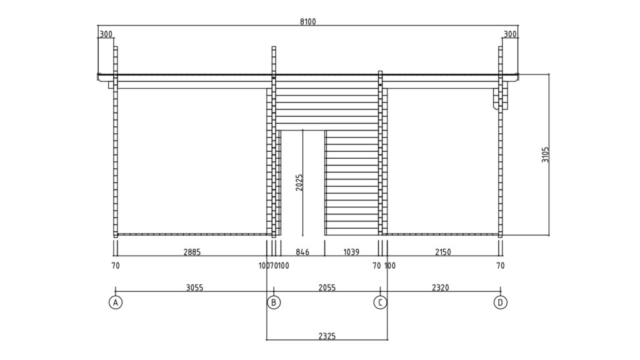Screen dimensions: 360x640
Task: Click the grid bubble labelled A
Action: pos(115,302)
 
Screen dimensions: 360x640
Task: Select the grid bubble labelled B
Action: pos(274,302)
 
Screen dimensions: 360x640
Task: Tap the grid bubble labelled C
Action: pos(380,302)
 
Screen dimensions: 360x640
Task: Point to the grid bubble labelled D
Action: pos(500,302)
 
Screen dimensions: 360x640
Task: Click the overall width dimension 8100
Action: pos(308,21)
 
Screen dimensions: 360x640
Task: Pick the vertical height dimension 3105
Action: pos(545,155)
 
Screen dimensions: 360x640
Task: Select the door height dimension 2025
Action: pos(299,182)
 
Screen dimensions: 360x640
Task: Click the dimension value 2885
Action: pos(192,252)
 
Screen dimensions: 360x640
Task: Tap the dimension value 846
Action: pos(302,252)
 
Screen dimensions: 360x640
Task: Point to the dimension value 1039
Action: pos(351,252)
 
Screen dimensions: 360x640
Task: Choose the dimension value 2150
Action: pos(442,252)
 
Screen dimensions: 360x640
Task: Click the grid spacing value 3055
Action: pos(194,287)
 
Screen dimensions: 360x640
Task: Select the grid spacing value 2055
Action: pos(327,287)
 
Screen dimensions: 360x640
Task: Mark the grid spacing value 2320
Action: pos(440,287)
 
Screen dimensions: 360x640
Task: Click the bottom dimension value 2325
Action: pos(327,336)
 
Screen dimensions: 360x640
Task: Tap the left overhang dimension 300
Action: pos(106,34)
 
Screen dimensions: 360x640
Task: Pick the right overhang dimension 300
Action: pos(510,34)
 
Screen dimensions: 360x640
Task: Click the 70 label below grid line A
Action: pos(115,266)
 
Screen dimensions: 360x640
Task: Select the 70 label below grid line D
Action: pos(500,266)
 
